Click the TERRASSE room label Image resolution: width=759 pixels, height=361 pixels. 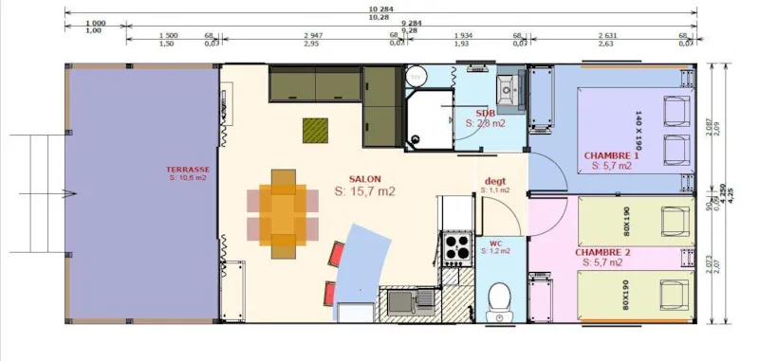[187, 171]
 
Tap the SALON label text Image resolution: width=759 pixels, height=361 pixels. [365, 179]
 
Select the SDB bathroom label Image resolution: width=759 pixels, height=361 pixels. [486, 113]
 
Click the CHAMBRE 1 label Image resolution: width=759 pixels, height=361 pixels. [611, 155]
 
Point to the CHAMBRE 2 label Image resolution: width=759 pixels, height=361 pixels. [602, 253]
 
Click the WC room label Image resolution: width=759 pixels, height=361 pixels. [495, 243]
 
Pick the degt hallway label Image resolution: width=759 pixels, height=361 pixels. [495, 181]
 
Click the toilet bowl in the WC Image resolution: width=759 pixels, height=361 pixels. [495, 300]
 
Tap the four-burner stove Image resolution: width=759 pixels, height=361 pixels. [456, 247]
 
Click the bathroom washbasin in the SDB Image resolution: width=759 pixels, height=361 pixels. [509, 88]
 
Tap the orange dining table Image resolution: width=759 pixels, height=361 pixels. [283, 214]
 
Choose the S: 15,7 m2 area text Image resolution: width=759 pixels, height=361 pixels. [364, 191]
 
